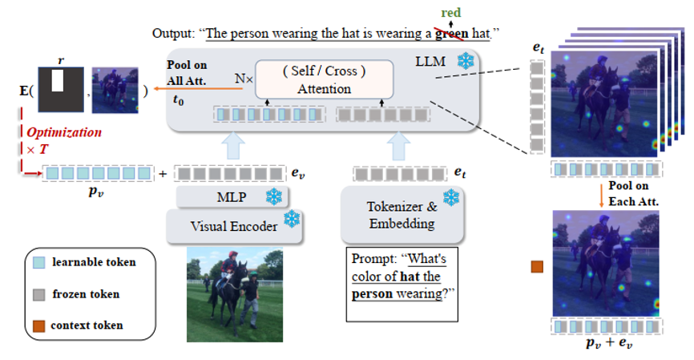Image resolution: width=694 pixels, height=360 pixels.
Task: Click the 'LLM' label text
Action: pos(430,61)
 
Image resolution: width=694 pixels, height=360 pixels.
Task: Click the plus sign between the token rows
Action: pos(163,172)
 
